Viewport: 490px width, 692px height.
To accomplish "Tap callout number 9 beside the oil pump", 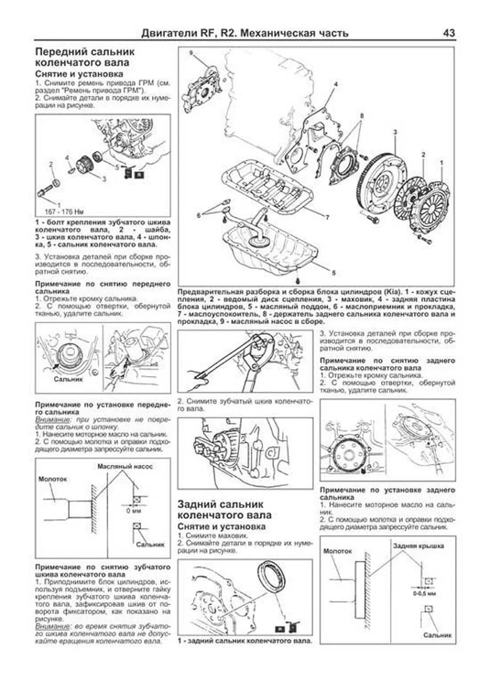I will pos(191,53).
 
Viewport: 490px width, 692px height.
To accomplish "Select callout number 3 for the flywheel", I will pos(395,132).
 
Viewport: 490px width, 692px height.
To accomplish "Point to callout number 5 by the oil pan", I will pos(333,273).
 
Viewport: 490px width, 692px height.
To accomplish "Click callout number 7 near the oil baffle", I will pos(327,218).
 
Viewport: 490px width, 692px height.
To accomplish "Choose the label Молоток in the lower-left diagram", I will pos(52,479).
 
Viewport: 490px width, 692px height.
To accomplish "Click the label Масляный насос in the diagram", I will pos(125,466).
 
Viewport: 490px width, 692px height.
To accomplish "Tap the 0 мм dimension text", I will pos(134,510).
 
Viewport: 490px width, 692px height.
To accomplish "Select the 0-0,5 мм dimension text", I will pos(424,593).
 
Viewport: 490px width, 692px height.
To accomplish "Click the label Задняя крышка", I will pos(418,546).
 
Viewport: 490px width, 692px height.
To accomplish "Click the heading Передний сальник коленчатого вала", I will pos(85,57).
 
